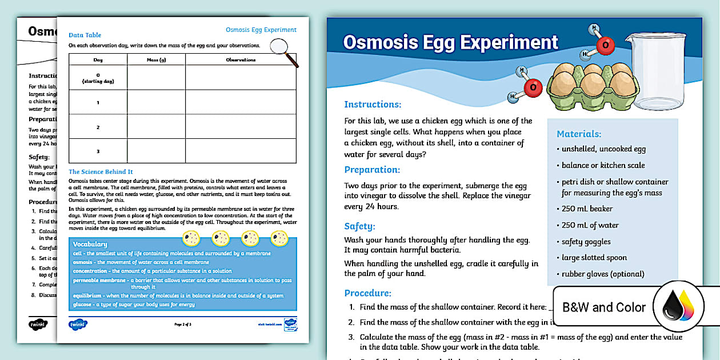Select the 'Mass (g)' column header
tap(156, 59)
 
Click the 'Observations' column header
tap(241, 59)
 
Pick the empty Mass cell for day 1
tap(156, 102)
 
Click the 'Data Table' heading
tap(85, 35)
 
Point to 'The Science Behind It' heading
tap(101, 171)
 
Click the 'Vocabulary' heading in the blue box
tap(90, 244)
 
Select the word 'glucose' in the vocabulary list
tap(82, 305)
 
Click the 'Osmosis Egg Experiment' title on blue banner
tap(450, 42)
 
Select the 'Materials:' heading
tap(579, 134)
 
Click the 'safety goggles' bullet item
tap(586, 242)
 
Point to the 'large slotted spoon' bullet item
tap(594, 258)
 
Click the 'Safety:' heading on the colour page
tap(359, 226)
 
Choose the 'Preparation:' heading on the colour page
tap(372, 170)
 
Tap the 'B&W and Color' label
tap(604, 307)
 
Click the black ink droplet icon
tap(671, 309)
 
